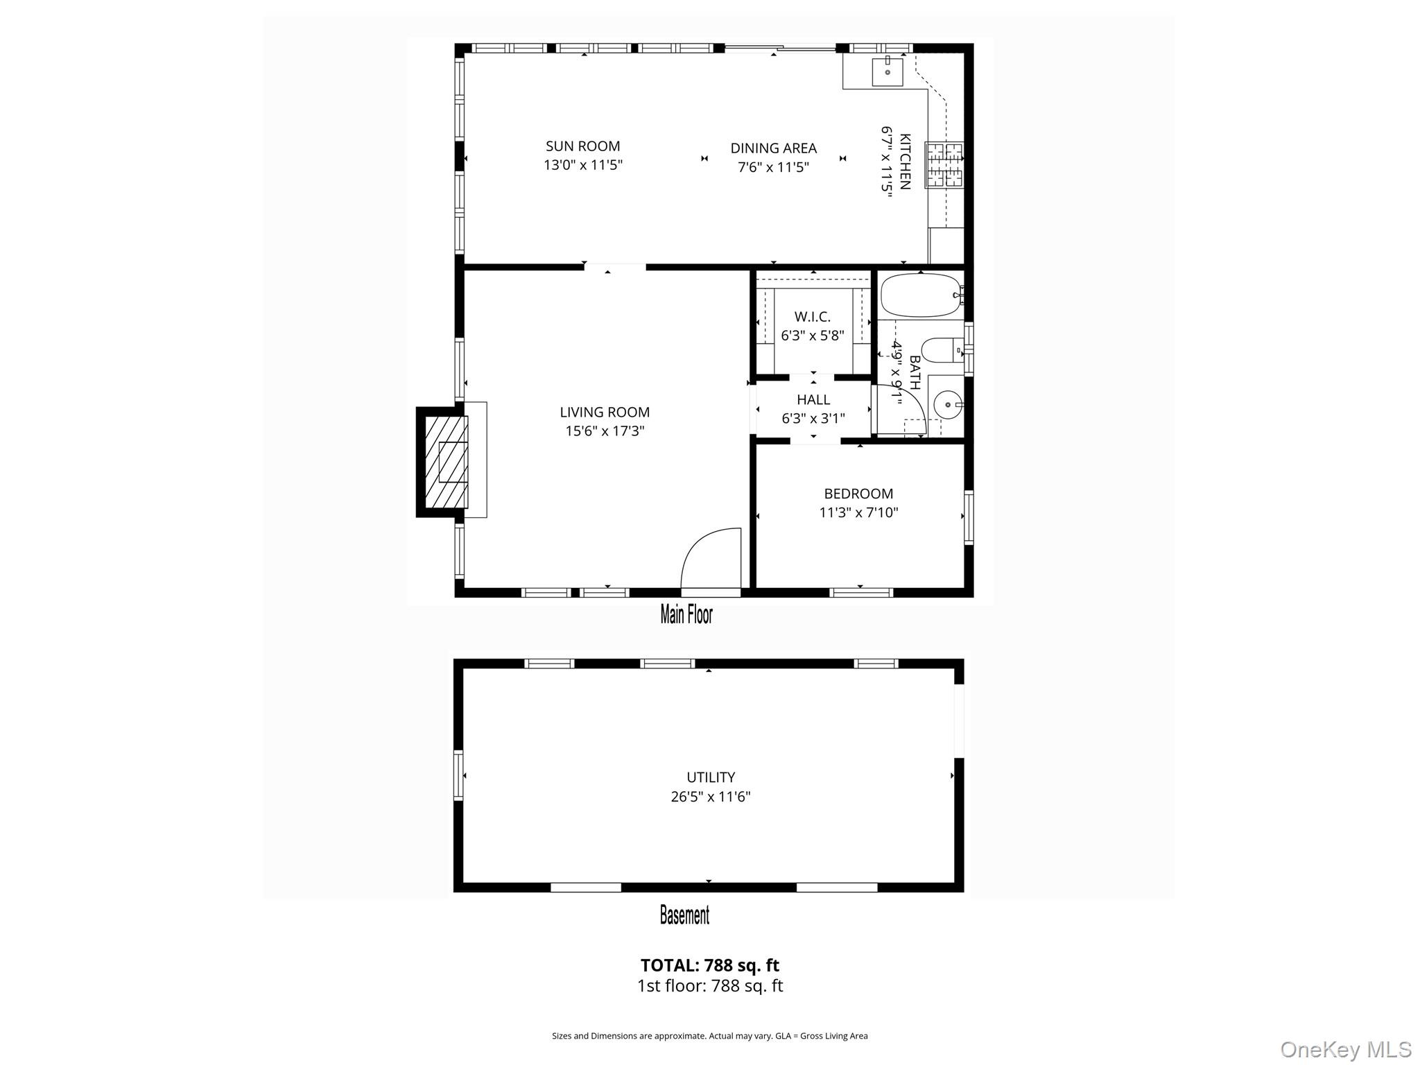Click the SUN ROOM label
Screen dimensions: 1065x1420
(582, 146)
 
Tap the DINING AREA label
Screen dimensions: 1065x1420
(773, 148)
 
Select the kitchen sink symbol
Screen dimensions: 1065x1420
(887, 71)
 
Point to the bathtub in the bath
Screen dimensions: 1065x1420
(920, 295)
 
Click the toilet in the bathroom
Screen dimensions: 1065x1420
(941, 351)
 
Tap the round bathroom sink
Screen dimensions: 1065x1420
(946, 404)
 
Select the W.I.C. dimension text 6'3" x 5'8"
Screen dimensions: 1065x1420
(812, 336)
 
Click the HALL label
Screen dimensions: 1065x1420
(813, 399)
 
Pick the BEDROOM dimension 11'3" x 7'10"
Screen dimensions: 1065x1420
(858, 512)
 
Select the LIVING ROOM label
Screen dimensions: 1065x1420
(605, 412)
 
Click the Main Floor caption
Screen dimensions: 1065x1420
(686, 614)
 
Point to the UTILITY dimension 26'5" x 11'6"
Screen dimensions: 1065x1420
(710, 796)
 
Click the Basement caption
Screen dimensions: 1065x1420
(684, 915)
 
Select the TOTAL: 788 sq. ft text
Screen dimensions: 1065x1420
(709, 965)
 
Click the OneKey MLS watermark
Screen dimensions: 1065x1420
(1345, 1049)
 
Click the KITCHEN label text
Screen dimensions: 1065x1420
(905, 161)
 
